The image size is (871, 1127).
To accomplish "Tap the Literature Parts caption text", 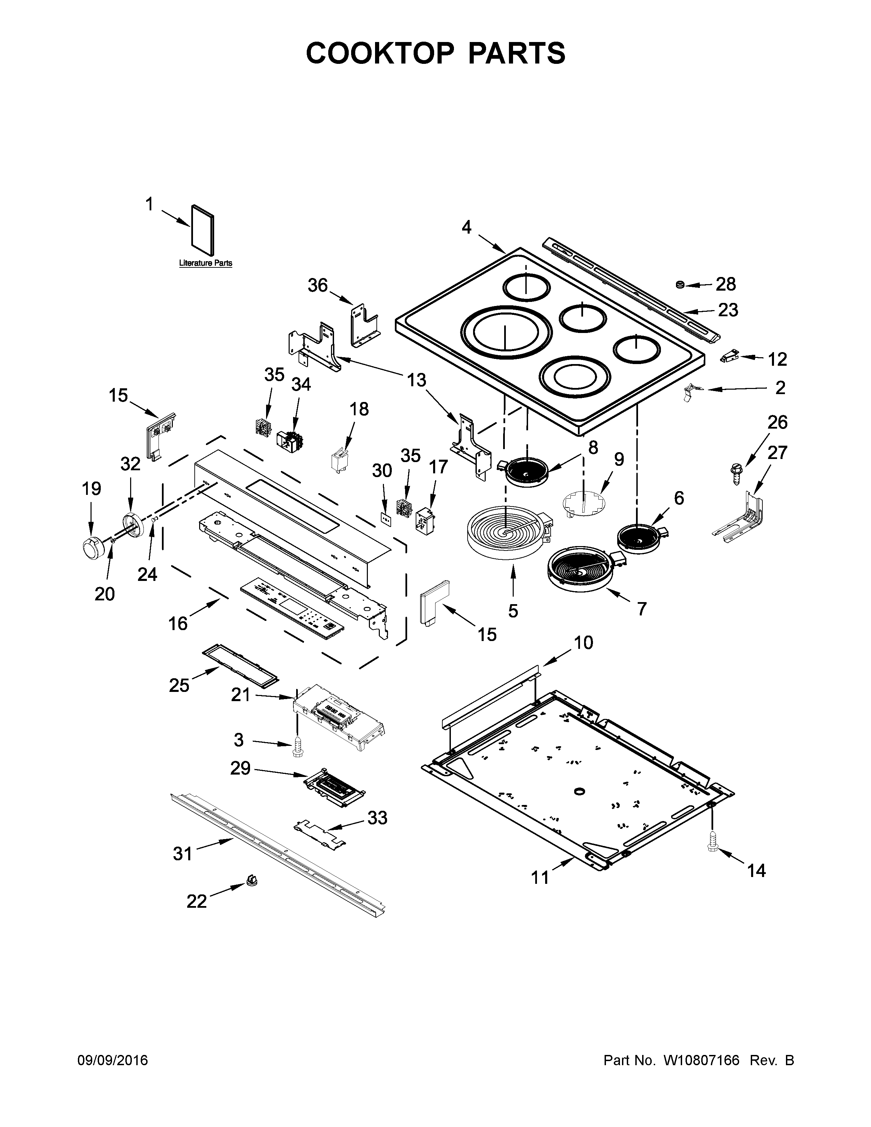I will [205, 263].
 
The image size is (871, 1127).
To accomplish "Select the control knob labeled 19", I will [93, 546].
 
